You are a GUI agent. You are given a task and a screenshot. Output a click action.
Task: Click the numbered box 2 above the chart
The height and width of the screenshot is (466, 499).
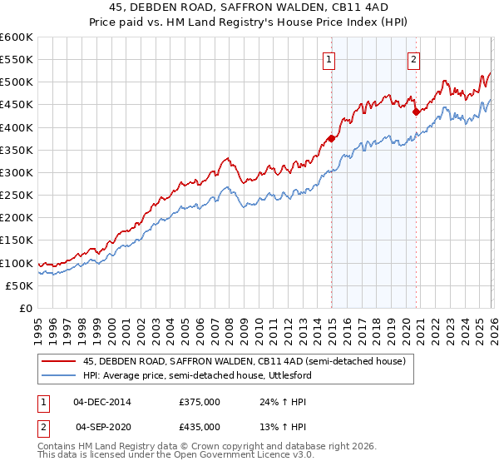point(413,59)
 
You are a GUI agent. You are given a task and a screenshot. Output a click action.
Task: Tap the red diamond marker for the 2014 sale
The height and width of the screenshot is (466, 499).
point(331,139)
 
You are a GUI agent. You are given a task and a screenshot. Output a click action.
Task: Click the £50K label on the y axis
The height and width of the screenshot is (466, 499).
point(20,285)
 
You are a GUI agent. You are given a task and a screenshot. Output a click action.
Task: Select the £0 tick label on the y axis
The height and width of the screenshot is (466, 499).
point(27,308)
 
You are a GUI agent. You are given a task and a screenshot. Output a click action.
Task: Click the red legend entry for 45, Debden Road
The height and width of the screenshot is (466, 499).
point(244,361)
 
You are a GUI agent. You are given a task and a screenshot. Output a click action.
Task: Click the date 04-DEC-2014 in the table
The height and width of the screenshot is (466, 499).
point(102,401)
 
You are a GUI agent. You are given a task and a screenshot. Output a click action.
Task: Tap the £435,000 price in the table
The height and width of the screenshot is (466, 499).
point(200,426)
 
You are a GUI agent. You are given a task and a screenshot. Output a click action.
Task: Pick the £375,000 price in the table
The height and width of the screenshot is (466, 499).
point(200,401)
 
